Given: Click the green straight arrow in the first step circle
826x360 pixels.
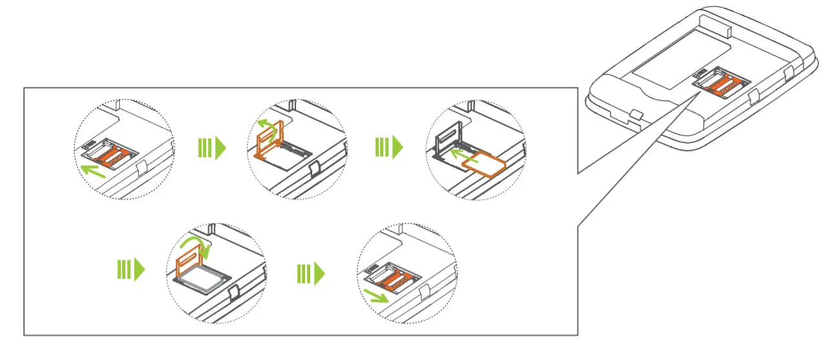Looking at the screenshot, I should click(94, 170).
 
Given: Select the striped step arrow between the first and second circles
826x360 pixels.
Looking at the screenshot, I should click(212, 148).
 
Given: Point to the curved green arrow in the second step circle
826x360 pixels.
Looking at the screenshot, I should click(266, 125).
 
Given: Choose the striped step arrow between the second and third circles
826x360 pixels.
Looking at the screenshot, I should click(388, 148).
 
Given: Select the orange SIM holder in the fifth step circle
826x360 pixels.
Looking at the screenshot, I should click(392, 277).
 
